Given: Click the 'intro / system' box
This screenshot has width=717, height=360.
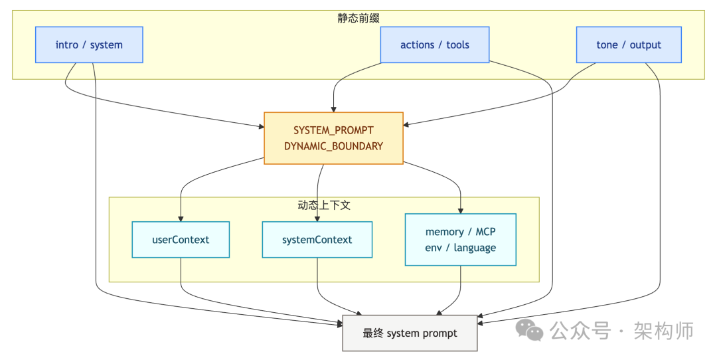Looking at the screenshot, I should click(89, 45).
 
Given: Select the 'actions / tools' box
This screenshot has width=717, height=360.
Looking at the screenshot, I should click(435, 45).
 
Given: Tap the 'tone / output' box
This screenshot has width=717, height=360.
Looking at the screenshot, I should click(629, 45).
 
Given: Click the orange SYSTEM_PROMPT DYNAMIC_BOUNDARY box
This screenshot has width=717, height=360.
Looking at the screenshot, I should click(333, 138).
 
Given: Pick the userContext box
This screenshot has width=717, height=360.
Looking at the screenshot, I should click(181, 240).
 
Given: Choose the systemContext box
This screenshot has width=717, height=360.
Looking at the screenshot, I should click(317, 240).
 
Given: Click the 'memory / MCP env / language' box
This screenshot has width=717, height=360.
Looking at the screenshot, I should click(460, 239).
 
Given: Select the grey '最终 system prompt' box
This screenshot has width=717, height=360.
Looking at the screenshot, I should click(410, 333).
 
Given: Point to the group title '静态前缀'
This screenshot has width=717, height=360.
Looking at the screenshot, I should click(358, 18).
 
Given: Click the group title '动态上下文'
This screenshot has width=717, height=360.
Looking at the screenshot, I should click(324, 205).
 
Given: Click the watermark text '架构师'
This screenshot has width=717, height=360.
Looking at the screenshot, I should click(663, 330).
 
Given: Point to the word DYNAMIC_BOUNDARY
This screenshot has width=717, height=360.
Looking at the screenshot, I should click(333, 146).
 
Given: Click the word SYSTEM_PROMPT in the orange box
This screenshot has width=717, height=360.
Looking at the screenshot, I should click(333, 131).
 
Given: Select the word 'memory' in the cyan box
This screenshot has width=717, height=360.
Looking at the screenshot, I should click(444, 232).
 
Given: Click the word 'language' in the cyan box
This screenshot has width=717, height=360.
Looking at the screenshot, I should click(475, 248).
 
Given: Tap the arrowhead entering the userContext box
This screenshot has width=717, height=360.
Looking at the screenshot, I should click(181, 218).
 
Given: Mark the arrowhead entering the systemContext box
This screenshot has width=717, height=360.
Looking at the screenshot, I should click(317, 218).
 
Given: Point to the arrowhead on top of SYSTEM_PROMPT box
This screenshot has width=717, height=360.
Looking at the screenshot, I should click(333, 109).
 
